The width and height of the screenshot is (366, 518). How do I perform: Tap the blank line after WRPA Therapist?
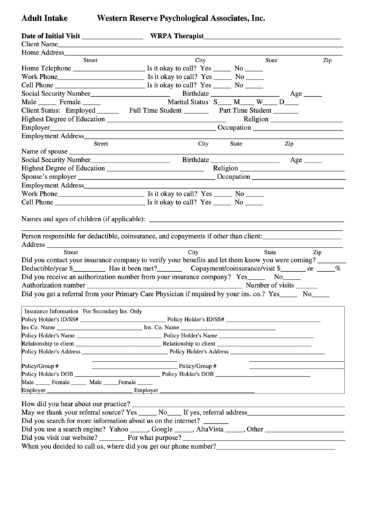(273, 36)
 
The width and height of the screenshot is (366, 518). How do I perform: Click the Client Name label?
(39, 44)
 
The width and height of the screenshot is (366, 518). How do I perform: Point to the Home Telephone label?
(46, 68)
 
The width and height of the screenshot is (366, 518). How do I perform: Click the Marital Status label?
(188, 102)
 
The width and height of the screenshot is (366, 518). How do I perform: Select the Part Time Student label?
(245, 110)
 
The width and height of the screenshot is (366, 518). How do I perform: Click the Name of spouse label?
(45, 151)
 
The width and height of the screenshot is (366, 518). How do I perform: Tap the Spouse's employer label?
(49, 176)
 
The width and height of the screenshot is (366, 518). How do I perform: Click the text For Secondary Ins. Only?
(112, 311)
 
